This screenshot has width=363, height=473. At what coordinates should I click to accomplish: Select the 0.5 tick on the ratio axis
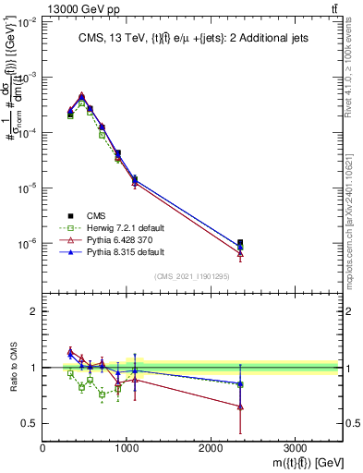[x=30, y=424]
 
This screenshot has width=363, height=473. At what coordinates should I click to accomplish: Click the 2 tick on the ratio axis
[x=34, y=311]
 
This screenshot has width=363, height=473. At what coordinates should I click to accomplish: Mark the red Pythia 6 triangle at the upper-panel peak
[x=82, y=95]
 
